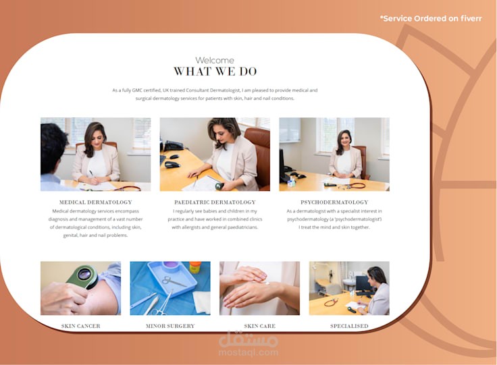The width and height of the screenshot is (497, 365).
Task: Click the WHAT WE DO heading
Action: click(x=215, y=72)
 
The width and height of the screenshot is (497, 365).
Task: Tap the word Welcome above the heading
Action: click(x=215, y=60)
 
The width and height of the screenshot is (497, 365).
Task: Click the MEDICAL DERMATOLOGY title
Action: click(x=95, y=202)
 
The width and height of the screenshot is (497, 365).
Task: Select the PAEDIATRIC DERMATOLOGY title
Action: click(x=215, y=202)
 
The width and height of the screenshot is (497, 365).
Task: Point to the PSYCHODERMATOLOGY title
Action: click(x=334, y=202)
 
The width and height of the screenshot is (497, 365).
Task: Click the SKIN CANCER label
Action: click(x=80, y=326)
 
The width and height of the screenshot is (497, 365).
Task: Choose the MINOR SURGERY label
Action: click(x=170, y=326)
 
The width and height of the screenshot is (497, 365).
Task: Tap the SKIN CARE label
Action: click(x=259, y=326)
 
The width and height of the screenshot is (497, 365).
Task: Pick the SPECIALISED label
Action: click(x=349, y=326)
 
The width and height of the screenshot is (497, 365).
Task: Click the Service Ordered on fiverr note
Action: click(x=431, y=19)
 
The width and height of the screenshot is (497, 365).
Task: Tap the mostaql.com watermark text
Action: click(x=248, y=352)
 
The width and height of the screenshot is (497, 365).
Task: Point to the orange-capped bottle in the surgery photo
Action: click(x=195, y=267)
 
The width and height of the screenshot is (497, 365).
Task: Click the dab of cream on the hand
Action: click(x=267, y=283)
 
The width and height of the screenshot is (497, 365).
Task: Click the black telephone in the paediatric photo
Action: click(x=173, y=146)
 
